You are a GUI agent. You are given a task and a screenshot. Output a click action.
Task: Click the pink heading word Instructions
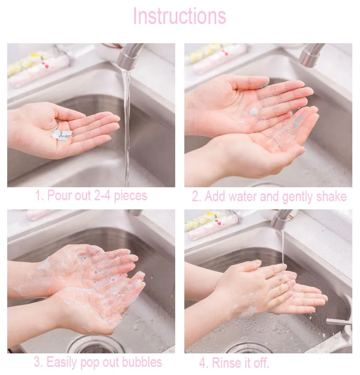[180, 16]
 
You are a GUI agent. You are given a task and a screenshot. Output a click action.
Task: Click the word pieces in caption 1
[131, 196]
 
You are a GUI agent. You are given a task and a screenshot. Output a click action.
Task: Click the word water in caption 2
[242, 196]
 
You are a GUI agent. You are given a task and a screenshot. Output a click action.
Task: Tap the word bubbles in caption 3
[142, 362]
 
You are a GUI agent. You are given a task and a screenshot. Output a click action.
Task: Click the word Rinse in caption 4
[226, 363]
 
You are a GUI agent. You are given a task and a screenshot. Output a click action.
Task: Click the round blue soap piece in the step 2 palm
[253, 111]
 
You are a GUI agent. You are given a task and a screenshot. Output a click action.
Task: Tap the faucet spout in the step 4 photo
[282, 219]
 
